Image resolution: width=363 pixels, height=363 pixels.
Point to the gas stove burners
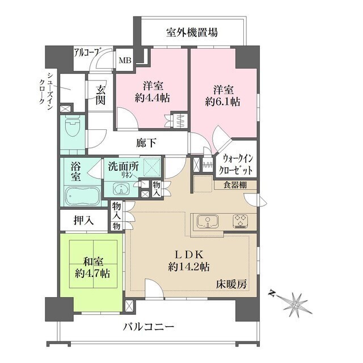pos(242,221)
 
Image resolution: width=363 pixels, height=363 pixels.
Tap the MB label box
pos(124,60)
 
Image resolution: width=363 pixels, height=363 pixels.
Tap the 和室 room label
pos(92,263)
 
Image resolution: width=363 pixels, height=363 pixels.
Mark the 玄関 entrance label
pos(100,95)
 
